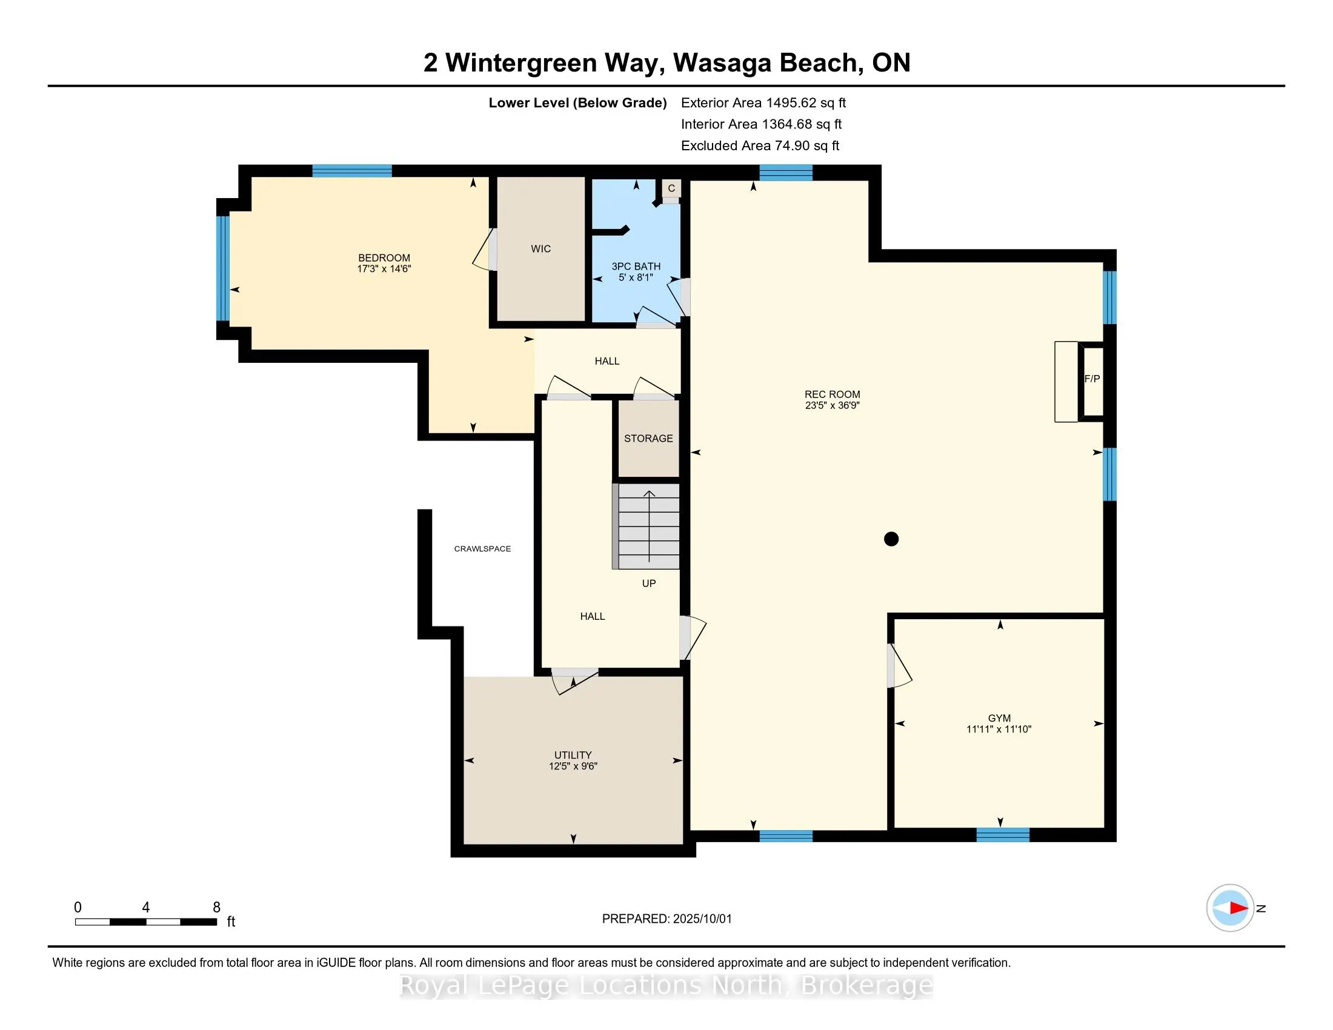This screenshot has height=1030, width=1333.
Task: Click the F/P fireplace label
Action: click(x=1092, y=379)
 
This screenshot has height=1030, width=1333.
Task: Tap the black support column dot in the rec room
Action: click(x=891, y=539)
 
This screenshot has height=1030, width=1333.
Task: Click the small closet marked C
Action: click(x=671, y=188)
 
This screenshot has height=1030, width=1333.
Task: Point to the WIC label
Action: click(x=540, y=249)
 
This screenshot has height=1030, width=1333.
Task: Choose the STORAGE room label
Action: click(x=648, y=439)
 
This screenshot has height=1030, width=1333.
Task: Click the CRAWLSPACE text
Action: click(x=482, y=549)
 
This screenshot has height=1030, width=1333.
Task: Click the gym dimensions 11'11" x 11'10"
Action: click(x=999, y=729)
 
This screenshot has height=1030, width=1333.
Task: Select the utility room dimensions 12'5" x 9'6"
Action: click(x=573, y=766)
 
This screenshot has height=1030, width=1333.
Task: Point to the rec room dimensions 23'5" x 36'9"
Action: click(x=833, y=405)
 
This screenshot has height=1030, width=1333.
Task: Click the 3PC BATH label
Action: click(x=636, y=267)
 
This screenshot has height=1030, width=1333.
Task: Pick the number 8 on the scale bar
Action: click(x=216, y=908)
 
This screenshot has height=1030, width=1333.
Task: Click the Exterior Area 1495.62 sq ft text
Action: click(x=763, y=103)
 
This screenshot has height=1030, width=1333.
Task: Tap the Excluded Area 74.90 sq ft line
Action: click(x=760, y=146)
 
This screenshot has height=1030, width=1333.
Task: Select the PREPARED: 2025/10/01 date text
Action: click(x=666, y=919)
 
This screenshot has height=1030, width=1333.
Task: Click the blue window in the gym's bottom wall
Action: click(x=1003, y=835)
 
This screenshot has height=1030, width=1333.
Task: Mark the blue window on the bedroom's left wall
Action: click(x=223, y=268)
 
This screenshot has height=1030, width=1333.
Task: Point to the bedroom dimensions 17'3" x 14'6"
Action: click(x=384, y=268)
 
